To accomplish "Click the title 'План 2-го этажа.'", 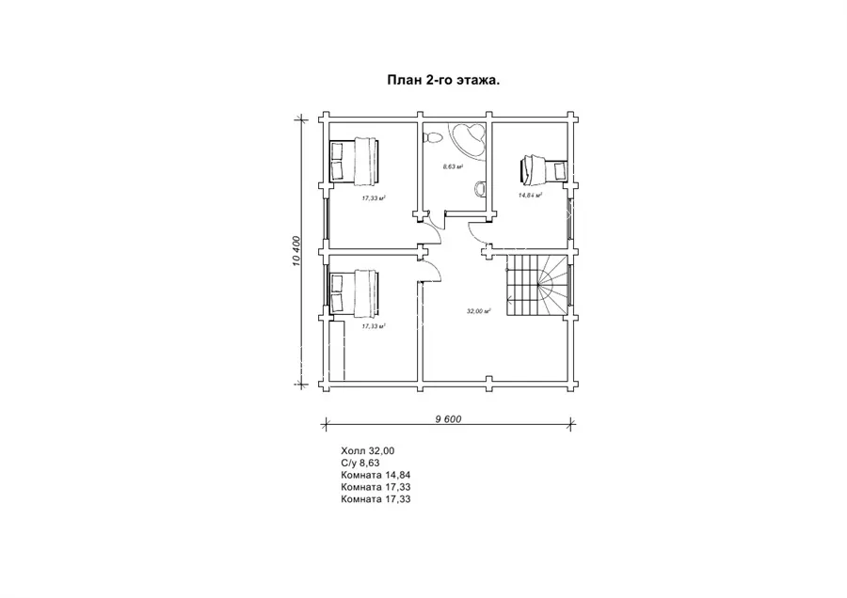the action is coord(443,81).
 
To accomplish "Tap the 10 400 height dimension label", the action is coord(296,251).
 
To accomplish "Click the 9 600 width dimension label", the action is coord(448,418).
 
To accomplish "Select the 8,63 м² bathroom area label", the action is coord(454,166).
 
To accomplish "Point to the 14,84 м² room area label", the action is coord(530,196).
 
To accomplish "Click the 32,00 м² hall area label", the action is coord(478,311).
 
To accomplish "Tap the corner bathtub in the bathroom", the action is coord(467,139).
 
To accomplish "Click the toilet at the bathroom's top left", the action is coord(432,138).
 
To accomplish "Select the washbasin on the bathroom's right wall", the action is coord(479,189).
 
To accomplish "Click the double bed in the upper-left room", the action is coord(355,160).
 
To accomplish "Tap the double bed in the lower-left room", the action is coord(355,292).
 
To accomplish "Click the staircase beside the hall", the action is coord(537,286).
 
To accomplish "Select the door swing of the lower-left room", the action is coord(436,269).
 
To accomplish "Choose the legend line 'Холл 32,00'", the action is coord(368,450).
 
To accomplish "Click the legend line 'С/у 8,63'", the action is coord(360,463).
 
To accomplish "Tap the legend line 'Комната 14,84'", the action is coord(376,475).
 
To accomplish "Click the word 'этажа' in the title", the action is coord(478,81).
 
